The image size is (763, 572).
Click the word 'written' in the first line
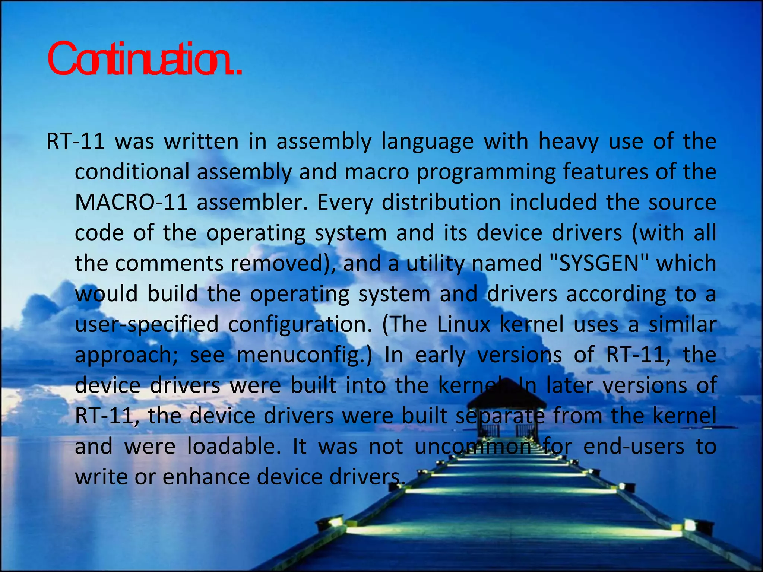(202, 142)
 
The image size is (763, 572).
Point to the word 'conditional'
(132, 172)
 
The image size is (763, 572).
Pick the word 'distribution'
(441, 203)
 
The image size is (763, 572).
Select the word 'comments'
(169, 264)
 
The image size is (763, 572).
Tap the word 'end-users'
(634, 447)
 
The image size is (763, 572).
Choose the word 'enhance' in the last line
(206, 477)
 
